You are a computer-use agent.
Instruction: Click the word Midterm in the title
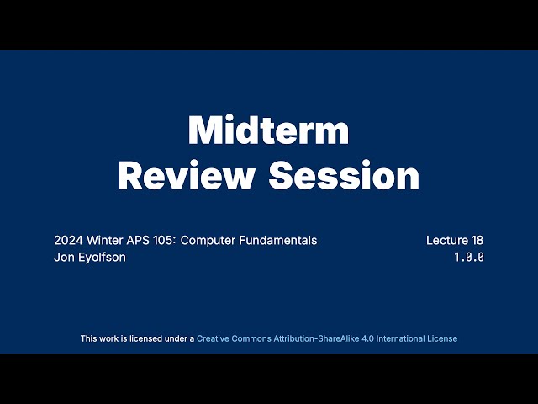pyautogui.click(x=268, y=131)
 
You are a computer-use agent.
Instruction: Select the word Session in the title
pyautogui.click(x=343, y=176)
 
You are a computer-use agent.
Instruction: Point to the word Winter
pyautogui.click(x=102, y=240)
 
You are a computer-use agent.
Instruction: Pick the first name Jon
pyautogui.click(x=64, y=257)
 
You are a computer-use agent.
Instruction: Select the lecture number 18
pyautogui.click(x=477, y=240)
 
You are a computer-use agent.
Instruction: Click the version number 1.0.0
pyautogui.click(x=469, y=258)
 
